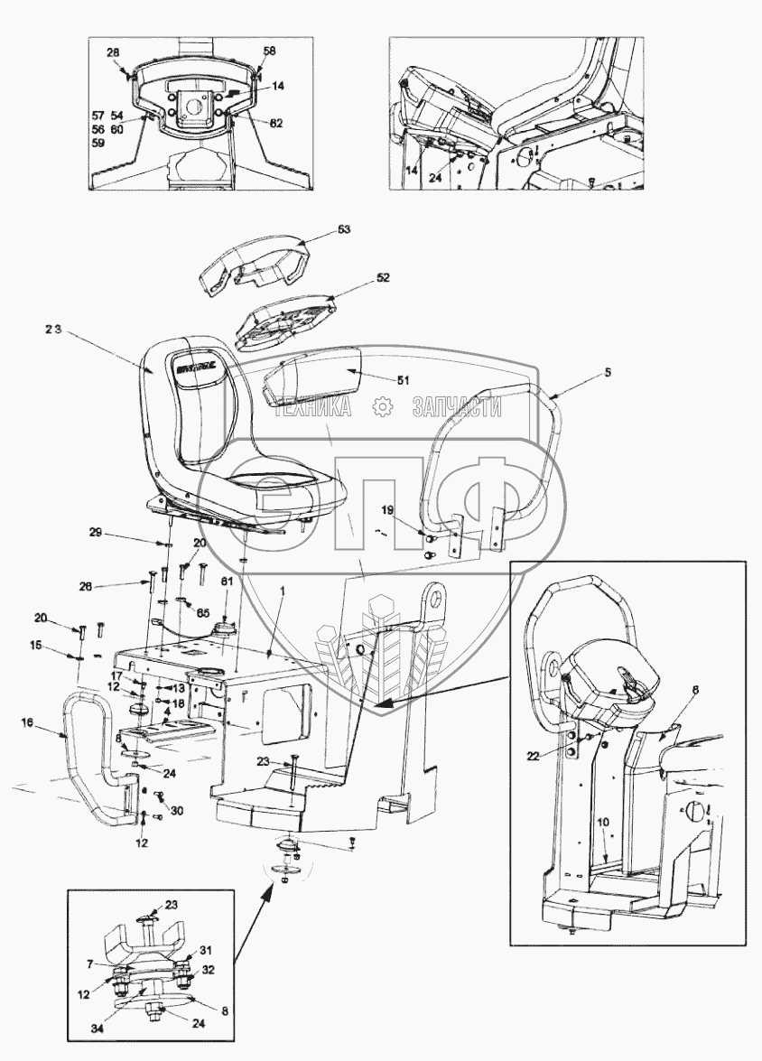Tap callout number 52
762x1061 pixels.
click(x=383, y=278)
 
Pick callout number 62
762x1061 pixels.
click(x=275, y=123)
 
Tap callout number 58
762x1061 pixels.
click(x=269, y=52)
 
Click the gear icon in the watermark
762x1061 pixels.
click(x=383, y=407)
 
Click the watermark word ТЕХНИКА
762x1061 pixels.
click(x=312, y=408)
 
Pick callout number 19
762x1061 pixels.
click(x=387, y=510)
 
